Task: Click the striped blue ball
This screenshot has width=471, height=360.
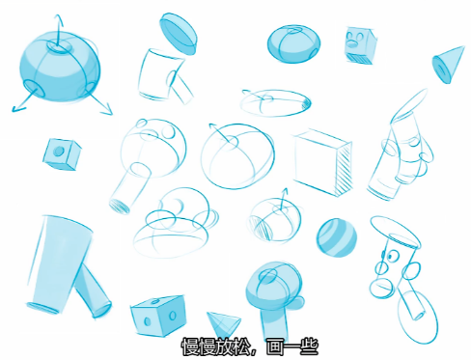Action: click(337, 237)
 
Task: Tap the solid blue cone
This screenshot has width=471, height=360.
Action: click(448, 65)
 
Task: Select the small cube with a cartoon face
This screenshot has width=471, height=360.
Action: click(360, 45)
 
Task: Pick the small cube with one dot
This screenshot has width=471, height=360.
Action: click(62, 154)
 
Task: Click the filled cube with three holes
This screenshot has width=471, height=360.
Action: click(158, 315)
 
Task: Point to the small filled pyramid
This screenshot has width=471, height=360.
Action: click(224, 323)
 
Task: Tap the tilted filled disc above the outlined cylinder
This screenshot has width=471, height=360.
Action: click(178, 34)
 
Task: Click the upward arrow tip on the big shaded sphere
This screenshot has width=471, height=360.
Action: click(58, 15)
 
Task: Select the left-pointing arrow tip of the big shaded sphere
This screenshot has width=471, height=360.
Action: click(13, 110)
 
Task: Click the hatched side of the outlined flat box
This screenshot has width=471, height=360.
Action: click(343, 169)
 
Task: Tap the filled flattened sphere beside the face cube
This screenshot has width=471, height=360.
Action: click(293, 43)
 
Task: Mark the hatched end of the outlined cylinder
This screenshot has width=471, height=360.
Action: click(120, 207)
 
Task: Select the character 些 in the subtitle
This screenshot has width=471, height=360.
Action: click(308, 346)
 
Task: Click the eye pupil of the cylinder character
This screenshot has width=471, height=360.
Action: click(391, 257)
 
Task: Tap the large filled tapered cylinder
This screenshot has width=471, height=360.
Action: click(59, 264)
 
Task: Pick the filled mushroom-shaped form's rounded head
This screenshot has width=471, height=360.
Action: click(274, 284)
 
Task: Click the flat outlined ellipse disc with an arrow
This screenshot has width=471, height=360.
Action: click(275, 102)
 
